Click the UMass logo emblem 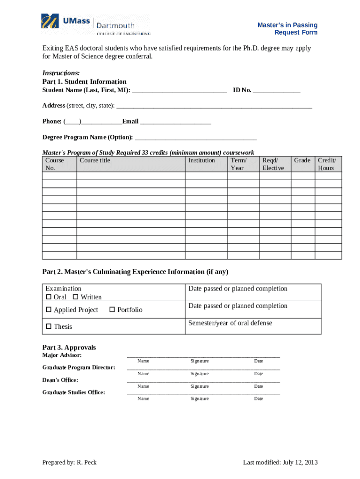click(x=50, y=22)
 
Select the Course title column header click(x=95, y=160)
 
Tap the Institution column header click(x=202, y=160)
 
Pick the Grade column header click(x=302, y=160)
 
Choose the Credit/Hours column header click(x=327, y=164)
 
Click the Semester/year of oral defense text click(x=230, y=323)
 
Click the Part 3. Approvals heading click(x=69, y=348)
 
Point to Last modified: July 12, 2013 click(x=280, y=463)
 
